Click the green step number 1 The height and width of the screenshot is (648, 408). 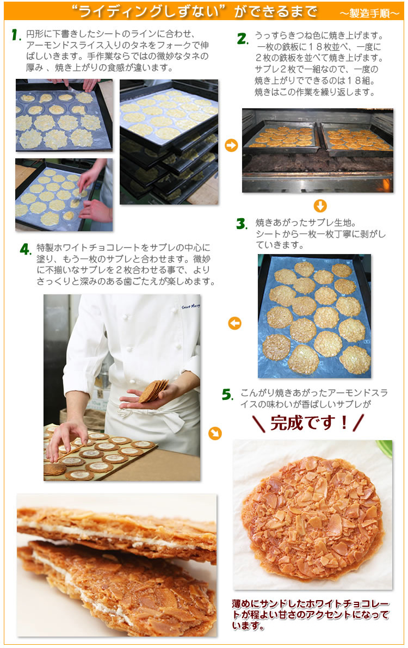click(x=16, y=35)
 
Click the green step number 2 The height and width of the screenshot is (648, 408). click(x=242, y=39)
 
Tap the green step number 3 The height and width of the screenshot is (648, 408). click(x=242, y=224)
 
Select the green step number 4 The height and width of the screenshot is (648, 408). click(x=25, y=249)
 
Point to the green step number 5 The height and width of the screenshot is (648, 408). click(x=227, y=394)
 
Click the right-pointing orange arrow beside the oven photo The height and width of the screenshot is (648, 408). click(x=231, y=146)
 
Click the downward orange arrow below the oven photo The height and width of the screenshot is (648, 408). click(x=320, y=206)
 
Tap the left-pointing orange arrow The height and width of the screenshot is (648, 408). click(x=234, y=324)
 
